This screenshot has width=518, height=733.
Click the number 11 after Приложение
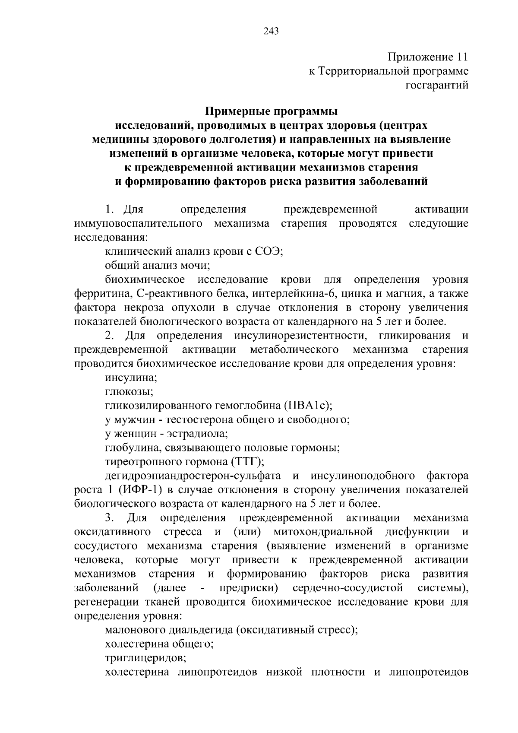point(460,57)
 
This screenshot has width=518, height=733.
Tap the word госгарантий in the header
point(436,86)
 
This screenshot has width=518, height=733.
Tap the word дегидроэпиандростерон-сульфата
point(193,476)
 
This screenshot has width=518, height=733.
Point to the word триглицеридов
point(145,658)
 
